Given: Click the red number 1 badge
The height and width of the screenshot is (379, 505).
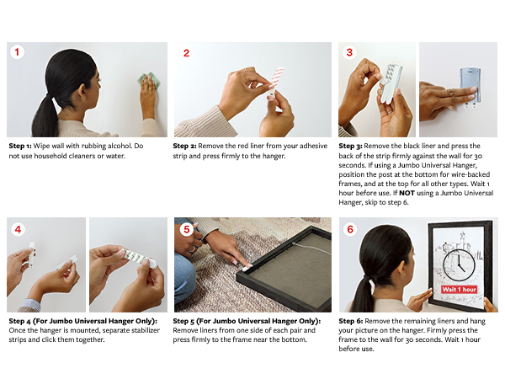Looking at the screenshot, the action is coord(17,52).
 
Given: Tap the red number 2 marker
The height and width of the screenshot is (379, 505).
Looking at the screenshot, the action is coord(186,53).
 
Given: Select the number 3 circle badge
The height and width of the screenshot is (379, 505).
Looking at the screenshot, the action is coord(349,52).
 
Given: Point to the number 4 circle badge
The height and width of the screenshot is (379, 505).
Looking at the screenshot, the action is coord(18,229).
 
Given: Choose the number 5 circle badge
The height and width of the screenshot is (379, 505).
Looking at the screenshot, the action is coord(187,229).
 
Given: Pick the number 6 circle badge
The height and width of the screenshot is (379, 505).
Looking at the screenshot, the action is coord(350,229).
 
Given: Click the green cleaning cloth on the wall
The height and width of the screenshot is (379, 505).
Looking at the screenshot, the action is coord(148,81).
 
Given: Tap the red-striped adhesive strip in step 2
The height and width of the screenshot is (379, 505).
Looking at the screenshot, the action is coord(277,79).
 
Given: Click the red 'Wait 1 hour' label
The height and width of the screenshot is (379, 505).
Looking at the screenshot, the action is coord(459,290).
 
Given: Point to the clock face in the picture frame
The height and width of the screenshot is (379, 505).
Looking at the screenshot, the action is coord(459,264).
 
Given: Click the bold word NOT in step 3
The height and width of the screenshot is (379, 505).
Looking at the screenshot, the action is coord(407,193).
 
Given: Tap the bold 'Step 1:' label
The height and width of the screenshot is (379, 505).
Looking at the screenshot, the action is coord(20,146).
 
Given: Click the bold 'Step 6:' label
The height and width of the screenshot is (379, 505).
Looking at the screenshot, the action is coord(351,321).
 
